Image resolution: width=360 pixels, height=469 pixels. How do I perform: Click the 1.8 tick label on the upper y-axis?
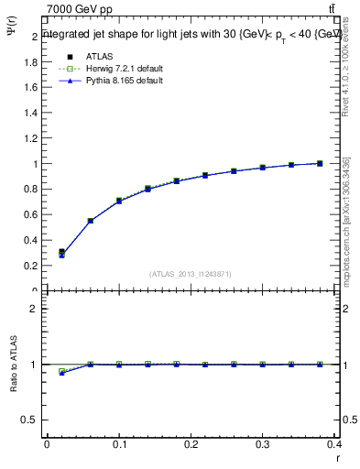click(32, 62)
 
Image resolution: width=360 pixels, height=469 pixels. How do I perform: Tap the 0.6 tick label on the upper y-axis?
click(32, 215)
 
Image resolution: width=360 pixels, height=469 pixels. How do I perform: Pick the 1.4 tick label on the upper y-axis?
click(32, 114)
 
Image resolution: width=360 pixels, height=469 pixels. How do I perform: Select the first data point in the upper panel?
click(61, 253)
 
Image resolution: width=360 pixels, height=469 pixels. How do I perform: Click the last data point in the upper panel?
click(320, 163)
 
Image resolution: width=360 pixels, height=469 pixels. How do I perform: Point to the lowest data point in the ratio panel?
click(61, 373)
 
